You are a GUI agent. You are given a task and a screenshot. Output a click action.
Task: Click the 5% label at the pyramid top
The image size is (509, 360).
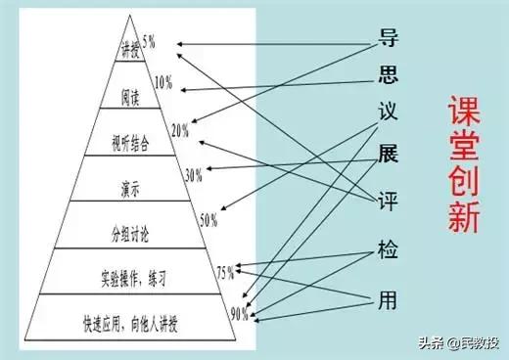pos(149,41)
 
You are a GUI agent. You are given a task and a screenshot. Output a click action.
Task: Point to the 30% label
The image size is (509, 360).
pos(193,175)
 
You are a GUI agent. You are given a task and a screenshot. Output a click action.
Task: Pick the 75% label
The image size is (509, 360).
pos(224,270)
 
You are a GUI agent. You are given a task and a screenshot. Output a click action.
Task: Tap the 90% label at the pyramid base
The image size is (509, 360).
pos(238,315)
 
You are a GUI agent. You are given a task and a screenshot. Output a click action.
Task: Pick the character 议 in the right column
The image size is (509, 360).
pos(389,113)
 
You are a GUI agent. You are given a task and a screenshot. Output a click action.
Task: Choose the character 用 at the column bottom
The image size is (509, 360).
pos(389,299)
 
